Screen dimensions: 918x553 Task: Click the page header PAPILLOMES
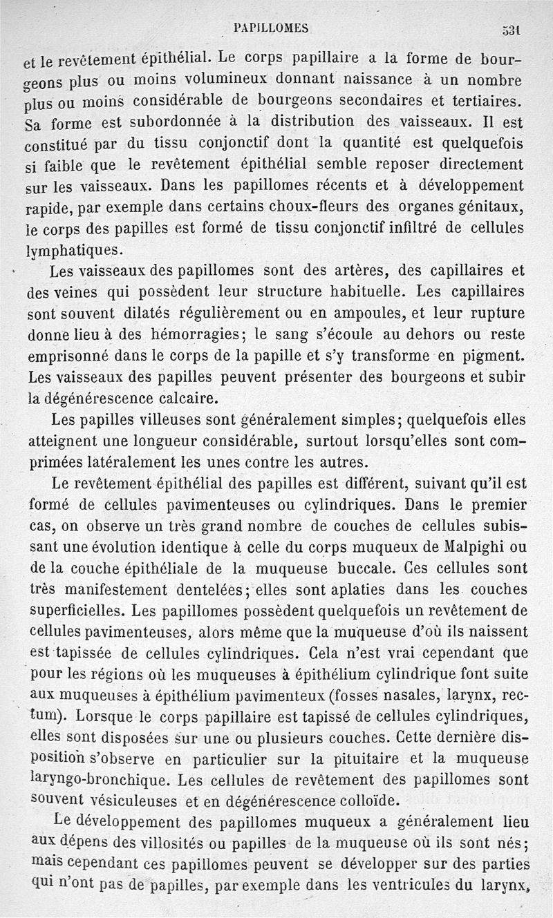click(272, 28)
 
